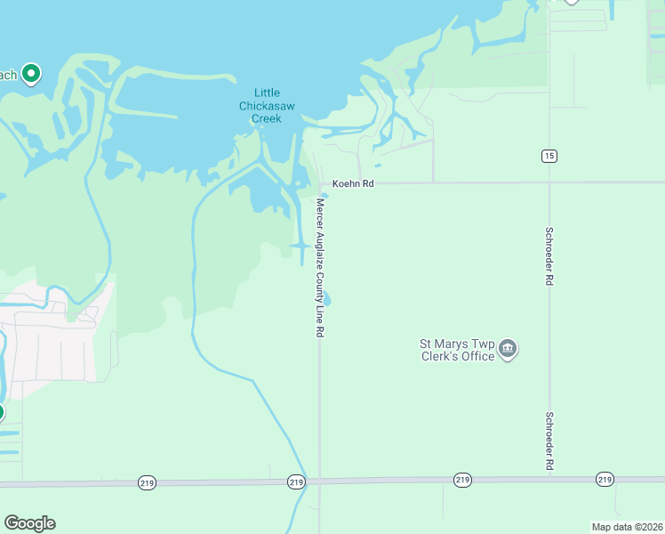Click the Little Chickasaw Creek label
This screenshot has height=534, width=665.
click(267, 105)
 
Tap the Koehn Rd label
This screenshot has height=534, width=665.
click(354, 183)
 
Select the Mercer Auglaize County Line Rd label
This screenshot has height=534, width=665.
click(319, 267)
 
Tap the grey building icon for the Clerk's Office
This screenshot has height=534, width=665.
click(508, 348)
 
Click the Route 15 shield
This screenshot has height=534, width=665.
click(549, 156)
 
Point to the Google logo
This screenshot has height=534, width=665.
click(29, 523)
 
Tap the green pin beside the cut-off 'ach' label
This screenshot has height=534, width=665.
click(31, 74)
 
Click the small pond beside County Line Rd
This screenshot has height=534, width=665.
click(327, 299)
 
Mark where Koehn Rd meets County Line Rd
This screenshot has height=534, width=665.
click(320, 184)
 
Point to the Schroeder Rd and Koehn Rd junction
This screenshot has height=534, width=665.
click(549, 183)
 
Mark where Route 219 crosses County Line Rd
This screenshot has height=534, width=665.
click(320, 481)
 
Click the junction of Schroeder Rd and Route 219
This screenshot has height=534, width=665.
click(549, 479)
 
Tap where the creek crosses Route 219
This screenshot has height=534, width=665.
click(302, 481)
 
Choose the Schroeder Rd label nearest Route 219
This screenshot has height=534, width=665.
click(549, 441)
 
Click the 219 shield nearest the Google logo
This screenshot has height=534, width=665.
click(148, 482)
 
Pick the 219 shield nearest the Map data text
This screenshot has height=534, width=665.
click(605, 479)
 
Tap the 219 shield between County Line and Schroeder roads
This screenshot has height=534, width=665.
click(462, 480)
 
